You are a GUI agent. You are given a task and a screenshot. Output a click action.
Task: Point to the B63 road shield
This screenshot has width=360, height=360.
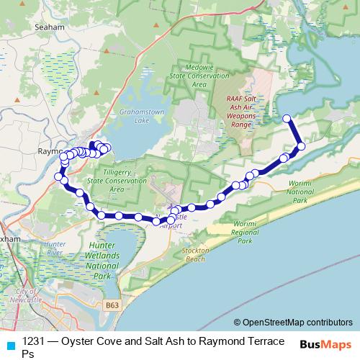[x=111, y=305]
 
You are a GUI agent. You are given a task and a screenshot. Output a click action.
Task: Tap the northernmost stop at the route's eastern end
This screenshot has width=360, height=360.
[x=287, y=118]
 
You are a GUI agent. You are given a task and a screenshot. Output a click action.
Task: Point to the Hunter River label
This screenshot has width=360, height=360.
[x=55, y=248]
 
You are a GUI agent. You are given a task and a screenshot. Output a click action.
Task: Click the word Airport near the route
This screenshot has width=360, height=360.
[x=170, y=225]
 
